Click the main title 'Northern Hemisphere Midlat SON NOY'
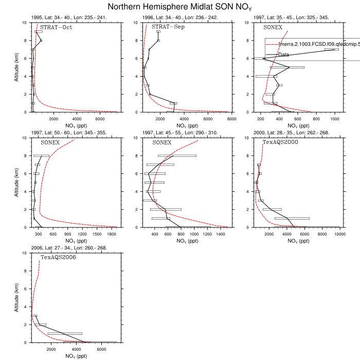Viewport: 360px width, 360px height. (x=180, y=7)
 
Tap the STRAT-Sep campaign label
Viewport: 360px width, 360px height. (x=168, y=27)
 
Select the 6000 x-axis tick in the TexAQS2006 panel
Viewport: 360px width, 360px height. (x=101, y=349)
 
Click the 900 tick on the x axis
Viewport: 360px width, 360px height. (x=67, y=234)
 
